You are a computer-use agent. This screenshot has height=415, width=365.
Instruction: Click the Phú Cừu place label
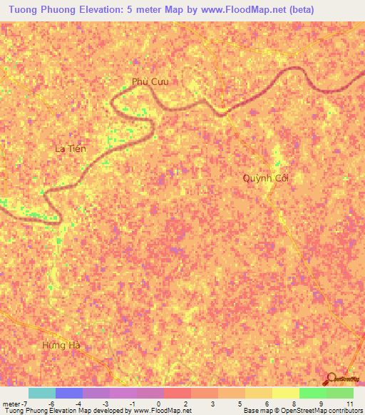coord(150,81)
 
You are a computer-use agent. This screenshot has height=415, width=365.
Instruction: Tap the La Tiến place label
coord(70,148)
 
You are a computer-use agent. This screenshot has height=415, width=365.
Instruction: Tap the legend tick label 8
coord(293,403)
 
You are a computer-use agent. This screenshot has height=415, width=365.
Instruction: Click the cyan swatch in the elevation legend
coord(42,393)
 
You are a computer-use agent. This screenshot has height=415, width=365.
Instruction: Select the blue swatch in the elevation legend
coord(69,393)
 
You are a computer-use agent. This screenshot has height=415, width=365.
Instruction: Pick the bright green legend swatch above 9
coord(312,393)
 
